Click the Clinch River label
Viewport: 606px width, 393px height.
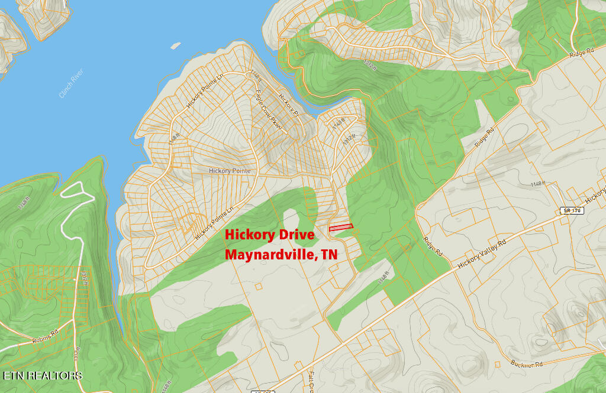tap(72, 84)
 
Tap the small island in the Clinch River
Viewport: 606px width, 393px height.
tap(175, 46)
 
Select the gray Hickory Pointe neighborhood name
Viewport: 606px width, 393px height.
tap(230, 171)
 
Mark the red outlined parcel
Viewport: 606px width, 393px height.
tap(341, 227)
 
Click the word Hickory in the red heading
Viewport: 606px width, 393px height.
tap(250, 235)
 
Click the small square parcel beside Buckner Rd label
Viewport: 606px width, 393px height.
tap(497, 363)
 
